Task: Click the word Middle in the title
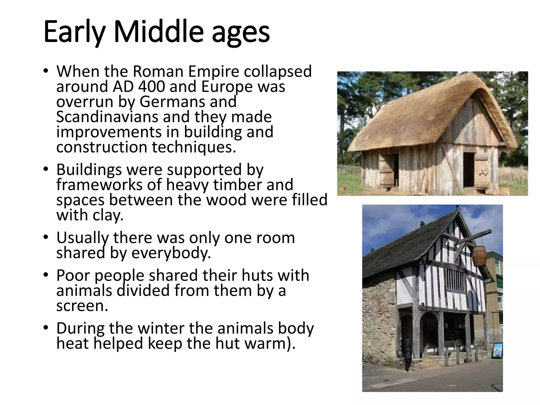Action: point(159,32)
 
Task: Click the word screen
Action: point(82,306)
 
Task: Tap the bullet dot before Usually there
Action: point(46,238)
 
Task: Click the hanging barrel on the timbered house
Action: point(479,256)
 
